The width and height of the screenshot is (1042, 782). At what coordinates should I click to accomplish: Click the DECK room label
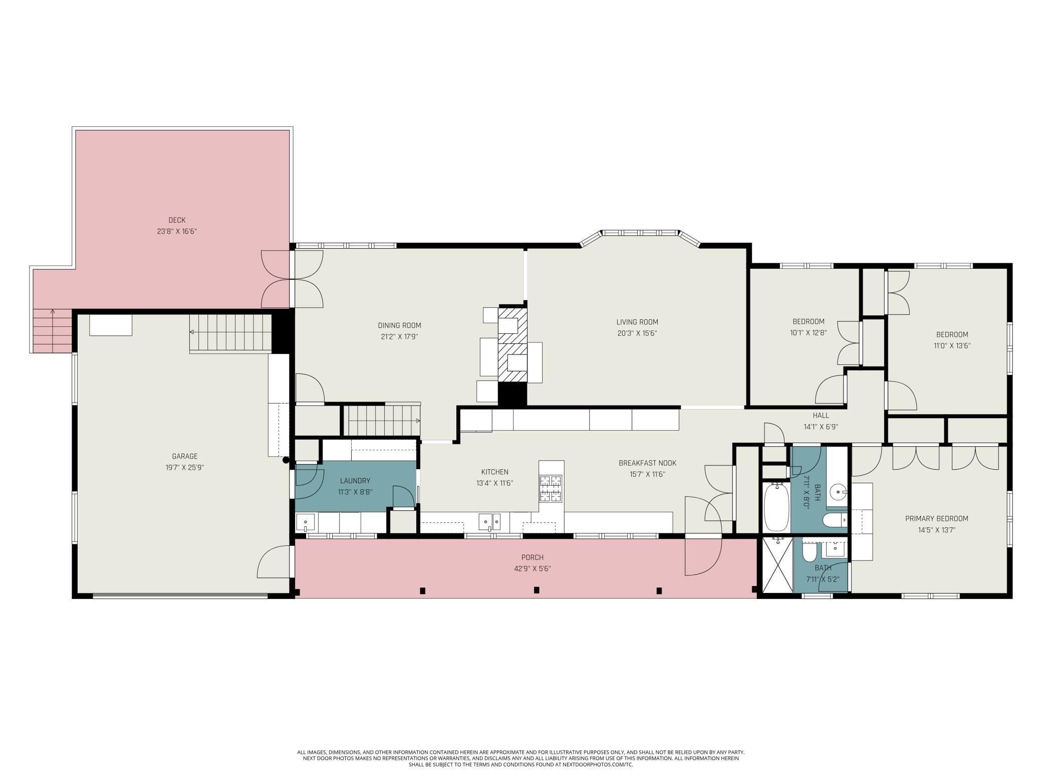[x=177, y=220]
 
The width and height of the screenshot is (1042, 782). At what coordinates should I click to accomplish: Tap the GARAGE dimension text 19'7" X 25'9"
[x=184, y=468]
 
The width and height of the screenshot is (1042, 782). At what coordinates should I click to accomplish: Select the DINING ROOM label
[x=399, y=325]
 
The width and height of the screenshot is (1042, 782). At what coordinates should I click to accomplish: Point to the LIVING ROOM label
[x=637, y=322]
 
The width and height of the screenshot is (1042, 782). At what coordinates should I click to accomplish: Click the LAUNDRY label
[x=355, y=481]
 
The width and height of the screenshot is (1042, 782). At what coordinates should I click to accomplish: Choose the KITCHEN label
[x=495, y=472]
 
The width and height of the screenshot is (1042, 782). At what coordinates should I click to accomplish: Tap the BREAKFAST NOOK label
[x=648, y=463]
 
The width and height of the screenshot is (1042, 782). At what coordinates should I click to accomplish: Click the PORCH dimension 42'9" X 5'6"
[x=532, y=568]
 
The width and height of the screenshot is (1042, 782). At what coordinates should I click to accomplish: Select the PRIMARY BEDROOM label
[x=937, y=518]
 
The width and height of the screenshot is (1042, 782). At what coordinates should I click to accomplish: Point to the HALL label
[x=821, y=415]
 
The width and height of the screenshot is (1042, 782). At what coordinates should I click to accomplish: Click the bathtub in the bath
[x=776, y=507]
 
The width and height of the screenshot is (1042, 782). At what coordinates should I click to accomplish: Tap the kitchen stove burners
[x=551, y=488]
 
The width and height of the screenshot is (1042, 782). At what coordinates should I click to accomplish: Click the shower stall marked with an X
[x=777, y=564]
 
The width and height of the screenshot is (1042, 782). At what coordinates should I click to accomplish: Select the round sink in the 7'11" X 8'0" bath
[x=837, y=492]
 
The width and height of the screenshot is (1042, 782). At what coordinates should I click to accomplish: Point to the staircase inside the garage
[x=230, y=333]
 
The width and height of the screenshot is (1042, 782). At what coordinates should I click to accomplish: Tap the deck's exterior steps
[x=52, y=331]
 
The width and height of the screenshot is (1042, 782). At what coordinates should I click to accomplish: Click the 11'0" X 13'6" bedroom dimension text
[x=952, y=345]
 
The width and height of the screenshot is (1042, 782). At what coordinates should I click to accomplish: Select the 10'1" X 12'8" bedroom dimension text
[x=808, y=332]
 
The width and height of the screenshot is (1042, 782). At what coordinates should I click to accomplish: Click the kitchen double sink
[x=489, y=522]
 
